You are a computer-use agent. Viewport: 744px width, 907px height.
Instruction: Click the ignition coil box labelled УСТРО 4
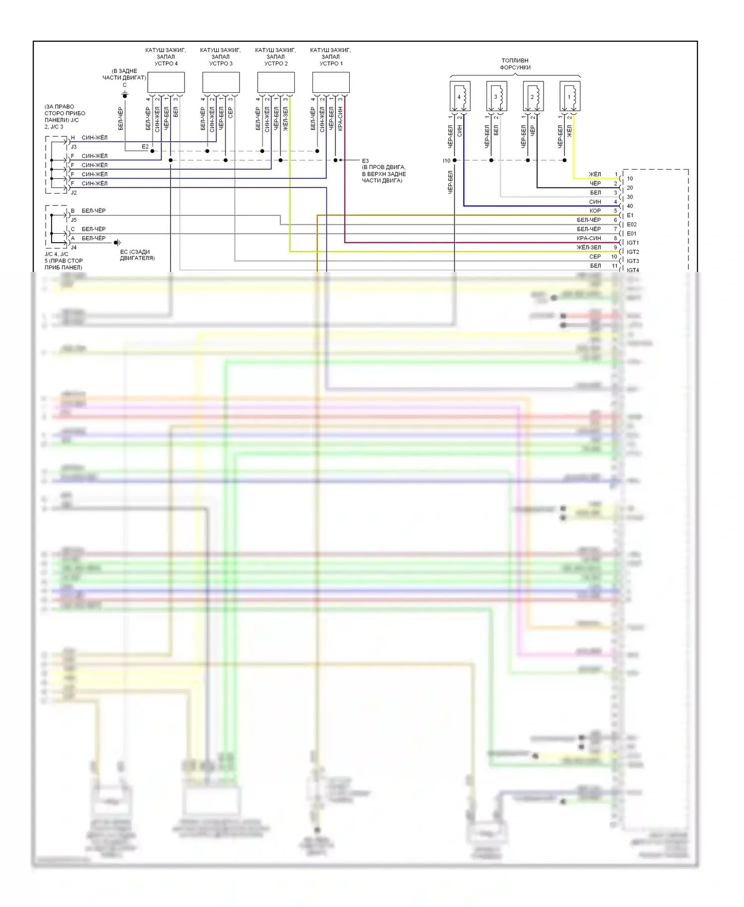[x=166, y=82]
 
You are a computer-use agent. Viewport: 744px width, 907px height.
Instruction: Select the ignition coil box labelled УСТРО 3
[x=221, y=82]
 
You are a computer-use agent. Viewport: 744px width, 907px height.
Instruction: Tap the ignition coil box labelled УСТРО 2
[x=276, y=82]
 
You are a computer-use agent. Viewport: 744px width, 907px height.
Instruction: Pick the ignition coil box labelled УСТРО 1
[x=331, y=82]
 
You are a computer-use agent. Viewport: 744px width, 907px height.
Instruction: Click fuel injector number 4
[x=460, y=96]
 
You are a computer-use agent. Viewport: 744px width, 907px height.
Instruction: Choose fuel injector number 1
[x=570, y=96]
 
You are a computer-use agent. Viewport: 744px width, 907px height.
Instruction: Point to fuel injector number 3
[x=496, y=96]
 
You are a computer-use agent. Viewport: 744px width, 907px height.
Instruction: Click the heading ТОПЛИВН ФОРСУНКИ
[x=515, y=64]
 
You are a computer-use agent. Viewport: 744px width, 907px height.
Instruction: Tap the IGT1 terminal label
[x=633, y=243]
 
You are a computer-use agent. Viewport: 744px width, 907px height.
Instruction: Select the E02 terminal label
[x=631, y=224]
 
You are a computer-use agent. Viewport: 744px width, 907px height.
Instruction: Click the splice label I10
[x=446, y=161]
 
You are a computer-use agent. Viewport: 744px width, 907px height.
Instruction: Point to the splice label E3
[x=365, y=161]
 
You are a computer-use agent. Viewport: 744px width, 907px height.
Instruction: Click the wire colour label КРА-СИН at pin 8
[x=589, y=238]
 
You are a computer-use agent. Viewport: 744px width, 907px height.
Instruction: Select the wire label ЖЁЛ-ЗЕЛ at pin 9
[x=589, y=248]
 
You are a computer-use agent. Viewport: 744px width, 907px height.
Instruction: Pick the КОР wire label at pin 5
[x=595, y=211]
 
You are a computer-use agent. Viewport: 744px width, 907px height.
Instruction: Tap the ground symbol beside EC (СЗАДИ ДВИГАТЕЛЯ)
[x=117, y=243]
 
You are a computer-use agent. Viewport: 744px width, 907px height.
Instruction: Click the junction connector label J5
[x=73, y=220]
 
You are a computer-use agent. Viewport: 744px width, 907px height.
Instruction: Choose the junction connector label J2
[x=73, y=193]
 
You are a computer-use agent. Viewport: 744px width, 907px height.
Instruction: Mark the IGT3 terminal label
[x=633, y=261]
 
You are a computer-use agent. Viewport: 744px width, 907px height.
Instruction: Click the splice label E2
[x=145, y=147]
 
